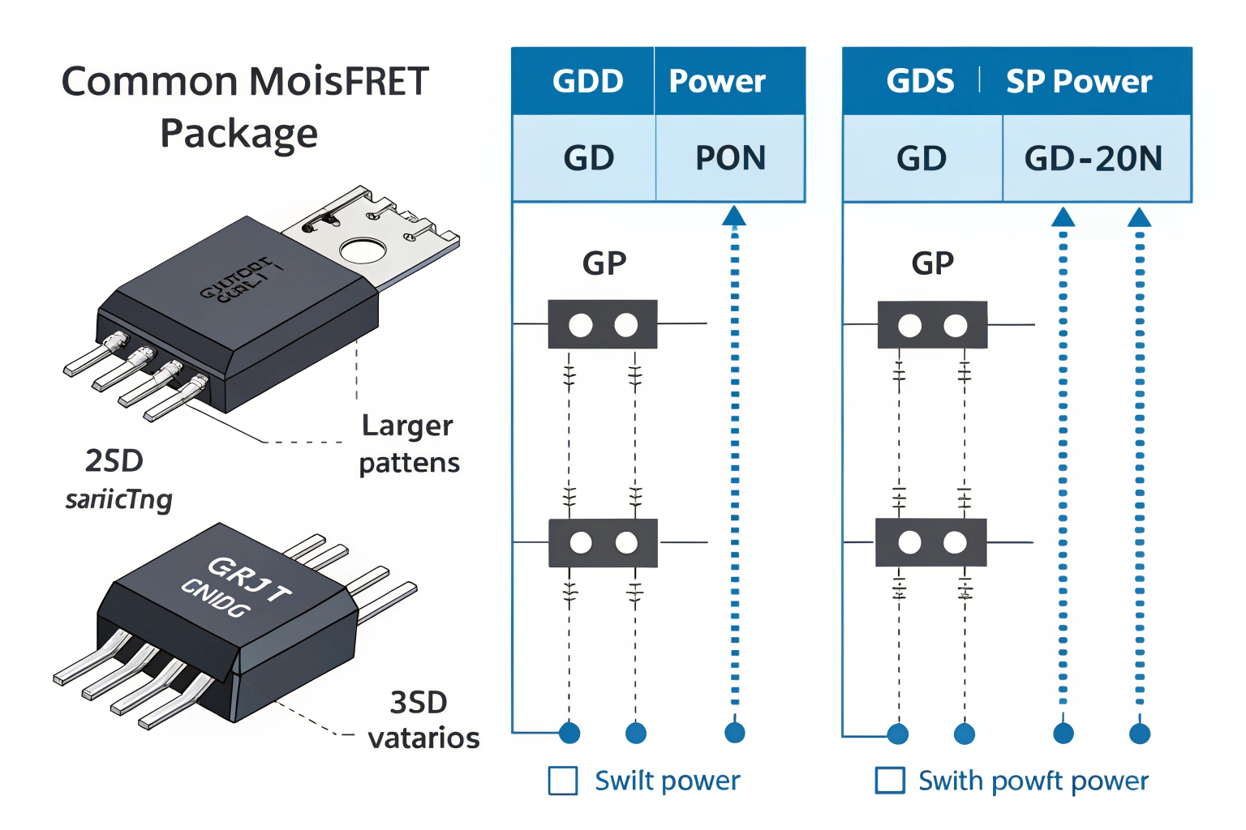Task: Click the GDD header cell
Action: [x=587, y=81]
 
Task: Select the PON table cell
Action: [x=730, y=158]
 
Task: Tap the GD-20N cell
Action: [x=1093, y=159]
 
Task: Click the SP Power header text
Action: [x=1078, y=82]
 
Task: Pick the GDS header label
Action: [x=920, y=81]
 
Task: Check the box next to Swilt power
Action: [x=563, y=781]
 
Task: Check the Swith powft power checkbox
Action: [x=890, y=781]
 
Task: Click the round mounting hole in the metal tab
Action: [x=363, y=250]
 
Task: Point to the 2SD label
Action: [x=114, y=460]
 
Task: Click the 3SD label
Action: [x=419, y=702]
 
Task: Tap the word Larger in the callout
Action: [x=407, y=426]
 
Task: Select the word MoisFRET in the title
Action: [x=338, y=81]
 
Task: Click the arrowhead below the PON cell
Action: [x=734, y=216]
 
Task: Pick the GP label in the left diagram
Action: [x=604, y=263]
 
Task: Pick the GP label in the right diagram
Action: [x=933, y=263]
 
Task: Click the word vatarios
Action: [x=423, y=738]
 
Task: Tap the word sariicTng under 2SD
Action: [x=118, y=499]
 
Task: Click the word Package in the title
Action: [x=238, y=133]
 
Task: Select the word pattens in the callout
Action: [x=409, y=463]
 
